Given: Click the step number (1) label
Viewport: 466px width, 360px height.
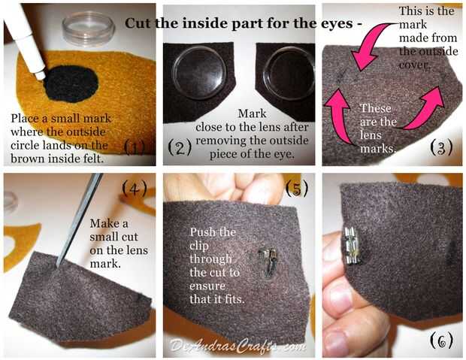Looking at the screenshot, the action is click(x=135, y=147).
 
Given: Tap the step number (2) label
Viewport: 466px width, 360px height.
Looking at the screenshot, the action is click(x=180, y=147).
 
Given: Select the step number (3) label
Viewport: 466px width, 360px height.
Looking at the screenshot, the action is click(x=442, y=147).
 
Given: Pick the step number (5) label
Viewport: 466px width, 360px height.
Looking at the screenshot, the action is click(x=297, y=188).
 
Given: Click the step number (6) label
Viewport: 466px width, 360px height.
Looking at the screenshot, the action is click(x=442, y=340).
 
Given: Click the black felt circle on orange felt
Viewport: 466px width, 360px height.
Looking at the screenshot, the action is click(x=71, y=84).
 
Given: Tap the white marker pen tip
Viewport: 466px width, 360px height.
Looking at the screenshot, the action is click(x=41, y=75).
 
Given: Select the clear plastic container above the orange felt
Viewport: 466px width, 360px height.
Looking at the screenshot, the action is click(x=88, y=29).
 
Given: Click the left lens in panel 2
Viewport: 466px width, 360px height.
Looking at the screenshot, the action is click(x=200, y=73).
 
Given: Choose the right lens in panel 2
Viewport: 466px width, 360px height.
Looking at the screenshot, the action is click(x=289, y=74).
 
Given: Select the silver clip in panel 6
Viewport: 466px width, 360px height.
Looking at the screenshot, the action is click(x=353, y=247).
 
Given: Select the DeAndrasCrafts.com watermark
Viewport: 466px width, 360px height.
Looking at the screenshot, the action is click(x=238, y=346).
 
